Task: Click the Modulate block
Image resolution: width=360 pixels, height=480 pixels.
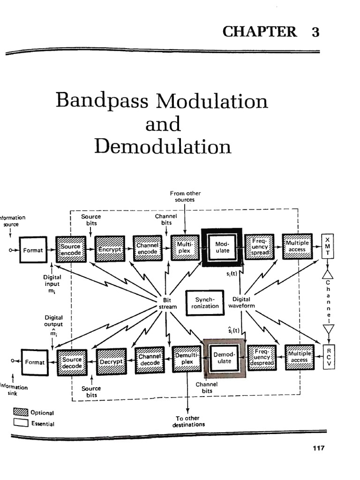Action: (222, 247)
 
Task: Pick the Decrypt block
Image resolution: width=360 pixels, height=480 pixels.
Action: (111, 362)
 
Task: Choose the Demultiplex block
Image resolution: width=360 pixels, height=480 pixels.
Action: (187, 359)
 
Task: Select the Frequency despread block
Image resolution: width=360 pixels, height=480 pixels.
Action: (262, 359)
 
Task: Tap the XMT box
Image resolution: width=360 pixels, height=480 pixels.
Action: (327, 246)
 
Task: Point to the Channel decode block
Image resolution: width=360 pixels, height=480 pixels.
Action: (150, 360)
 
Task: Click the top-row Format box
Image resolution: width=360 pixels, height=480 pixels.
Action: (33, 250)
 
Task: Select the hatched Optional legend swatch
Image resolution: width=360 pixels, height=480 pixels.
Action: (21, 413)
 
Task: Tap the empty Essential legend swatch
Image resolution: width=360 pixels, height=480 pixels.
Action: (21, 423)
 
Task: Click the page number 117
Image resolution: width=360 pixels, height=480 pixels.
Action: (318, 448)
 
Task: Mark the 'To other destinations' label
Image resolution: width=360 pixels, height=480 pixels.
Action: (189, 421)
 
